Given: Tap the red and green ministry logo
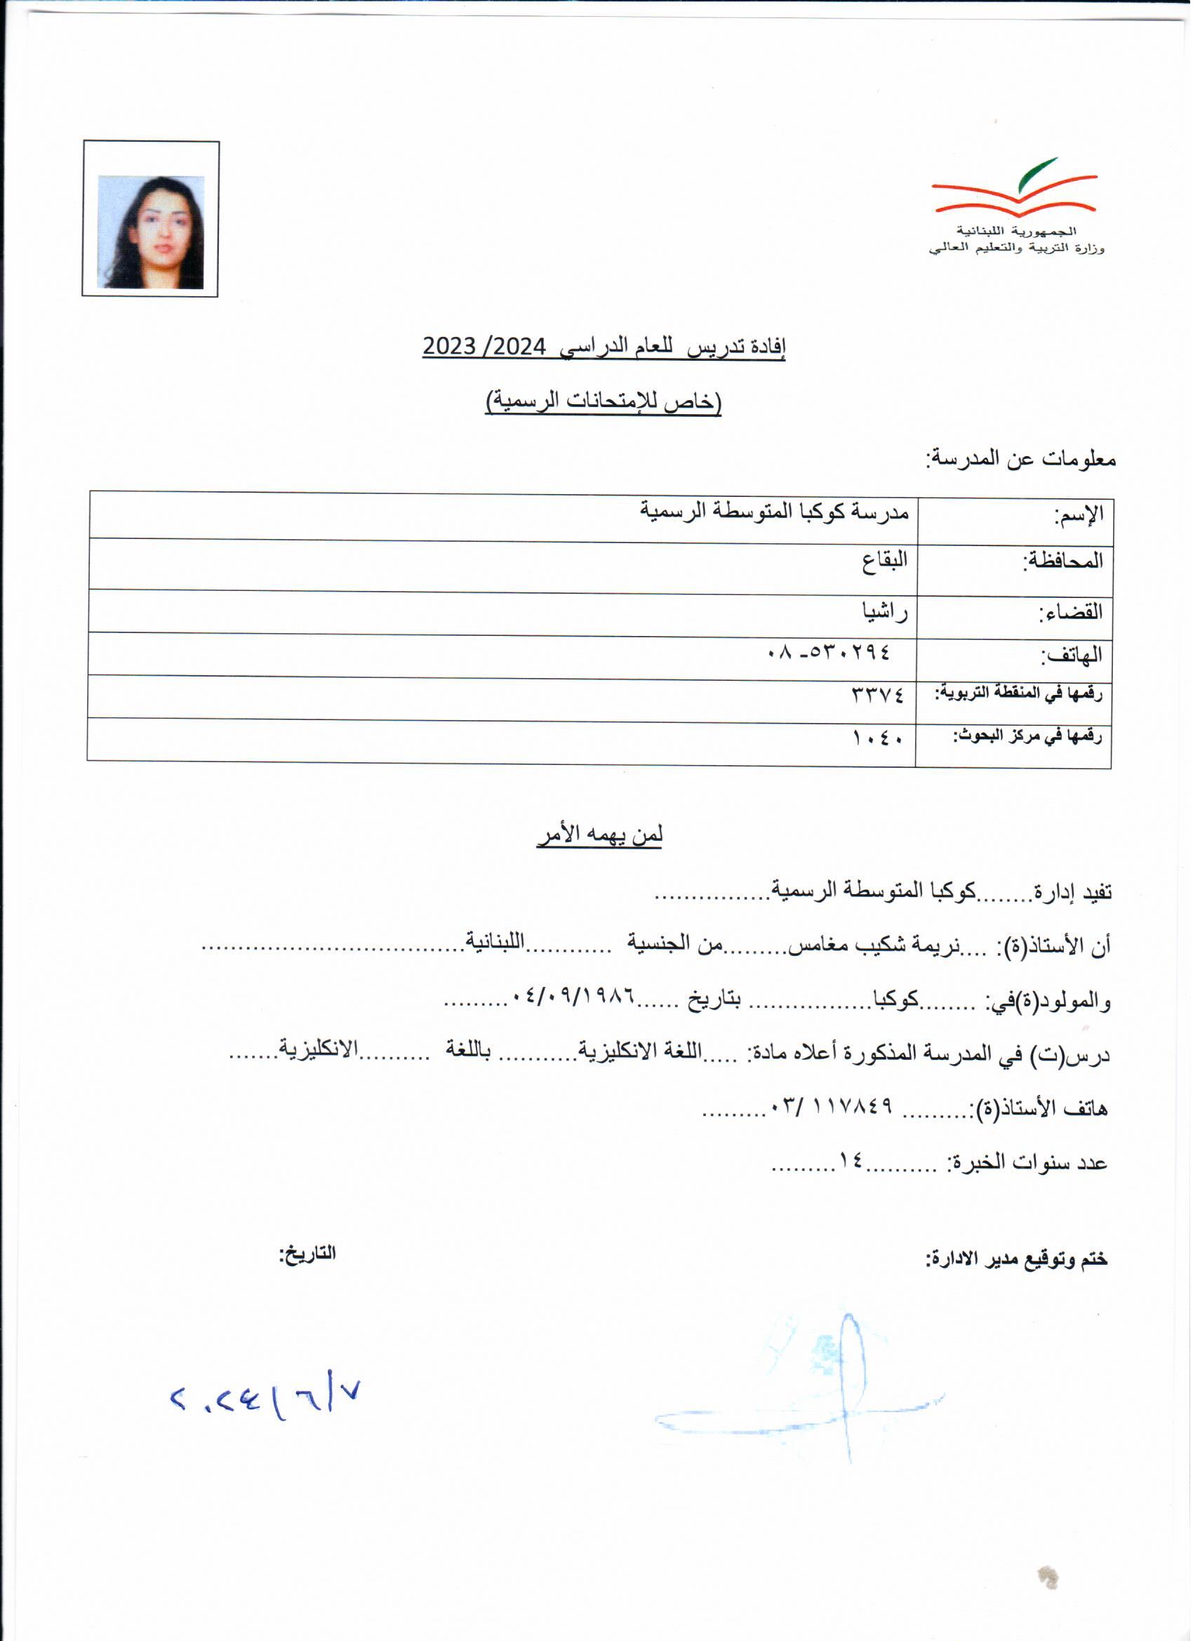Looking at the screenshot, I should [x=1014, y=187].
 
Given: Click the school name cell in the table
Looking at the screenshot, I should [x=774, y=512].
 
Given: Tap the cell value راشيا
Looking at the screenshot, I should [x=884, y=612].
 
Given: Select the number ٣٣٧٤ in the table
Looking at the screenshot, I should [x=879, y=696].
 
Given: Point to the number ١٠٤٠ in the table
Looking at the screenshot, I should [x=879, y=739].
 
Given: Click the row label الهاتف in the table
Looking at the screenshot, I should [x=1072, y=656].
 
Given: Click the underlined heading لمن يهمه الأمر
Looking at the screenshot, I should [x=600, y=836].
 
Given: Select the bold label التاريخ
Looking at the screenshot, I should [x=308, y=1254].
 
